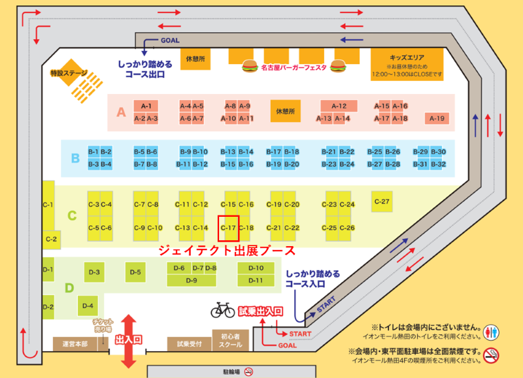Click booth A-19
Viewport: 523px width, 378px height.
437,118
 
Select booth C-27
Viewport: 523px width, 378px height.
382,201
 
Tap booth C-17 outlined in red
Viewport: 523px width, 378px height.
229,228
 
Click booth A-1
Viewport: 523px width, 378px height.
146,106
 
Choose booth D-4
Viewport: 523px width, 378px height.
90,305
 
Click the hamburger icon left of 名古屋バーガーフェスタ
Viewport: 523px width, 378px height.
248,66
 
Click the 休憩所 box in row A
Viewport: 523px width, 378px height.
286,112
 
